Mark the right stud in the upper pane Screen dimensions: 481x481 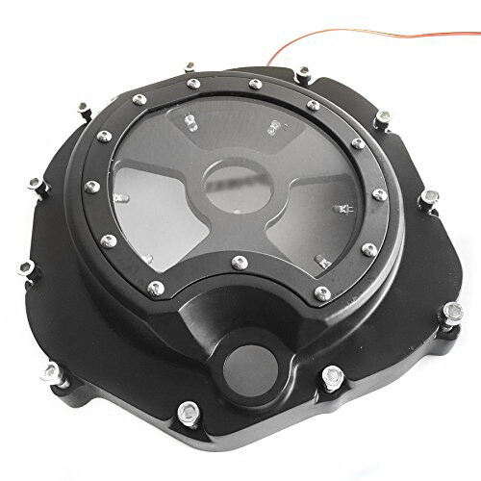coord(273,125)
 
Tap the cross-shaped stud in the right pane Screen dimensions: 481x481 coord(343,207)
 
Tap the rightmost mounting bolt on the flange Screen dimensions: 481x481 coord(450,311)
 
